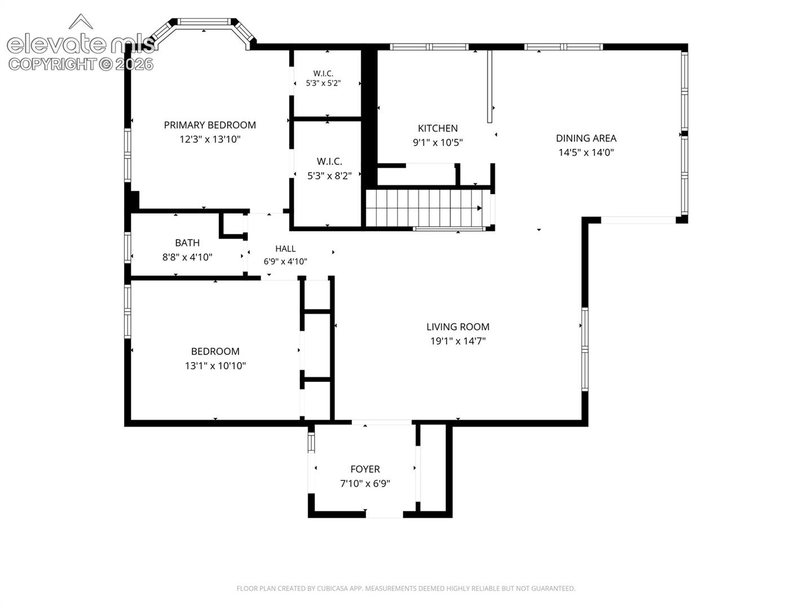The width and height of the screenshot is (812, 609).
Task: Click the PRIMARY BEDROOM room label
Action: click(210, 125)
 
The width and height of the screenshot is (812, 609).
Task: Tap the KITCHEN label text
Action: click(438, 129)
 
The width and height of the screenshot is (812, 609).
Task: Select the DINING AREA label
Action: click(586, 138)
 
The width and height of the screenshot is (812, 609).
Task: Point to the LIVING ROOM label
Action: click(458, 327)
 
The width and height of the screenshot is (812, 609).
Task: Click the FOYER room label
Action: click(365, 469)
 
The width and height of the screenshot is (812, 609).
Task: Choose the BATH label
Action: click(187, 243)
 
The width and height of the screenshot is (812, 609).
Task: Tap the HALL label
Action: click(285, 249)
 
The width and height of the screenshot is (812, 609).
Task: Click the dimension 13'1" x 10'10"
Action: click(215, 366)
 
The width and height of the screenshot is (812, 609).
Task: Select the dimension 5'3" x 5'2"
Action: click(323, 83)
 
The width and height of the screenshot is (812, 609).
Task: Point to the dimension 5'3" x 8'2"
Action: click(329, 175)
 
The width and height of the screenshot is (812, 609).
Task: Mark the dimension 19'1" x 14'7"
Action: click(458, 341)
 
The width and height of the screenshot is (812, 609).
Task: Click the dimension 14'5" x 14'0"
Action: click(586, 152)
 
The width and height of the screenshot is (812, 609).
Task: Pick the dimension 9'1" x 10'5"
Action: click(438, 142)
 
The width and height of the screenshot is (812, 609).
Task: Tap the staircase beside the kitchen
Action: click(429, 208)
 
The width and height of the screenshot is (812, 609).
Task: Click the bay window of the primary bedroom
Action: click(203, 32)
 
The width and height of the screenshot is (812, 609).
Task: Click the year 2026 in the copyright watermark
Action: click(134, 65)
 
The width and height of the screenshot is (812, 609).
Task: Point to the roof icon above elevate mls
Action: click(81, 21)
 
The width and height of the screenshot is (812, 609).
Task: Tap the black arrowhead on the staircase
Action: click(479, 208)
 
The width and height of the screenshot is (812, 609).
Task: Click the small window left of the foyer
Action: click(311, 443)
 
